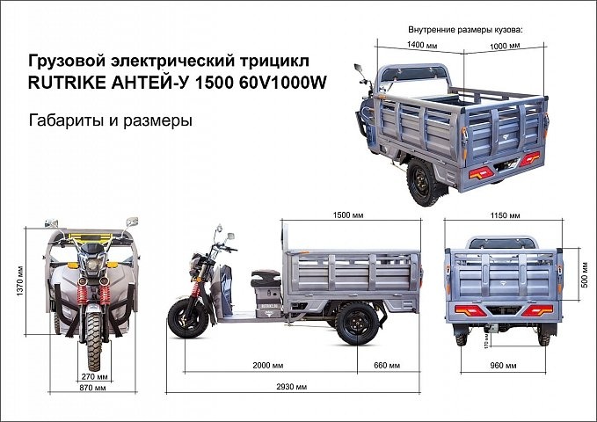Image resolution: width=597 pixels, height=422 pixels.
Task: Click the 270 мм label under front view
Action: tap(88, 375)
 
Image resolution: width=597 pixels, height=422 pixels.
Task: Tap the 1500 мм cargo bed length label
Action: tap(349, 215)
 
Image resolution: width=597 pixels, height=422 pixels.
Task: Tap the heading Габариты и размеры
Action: tap(111, 120)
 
